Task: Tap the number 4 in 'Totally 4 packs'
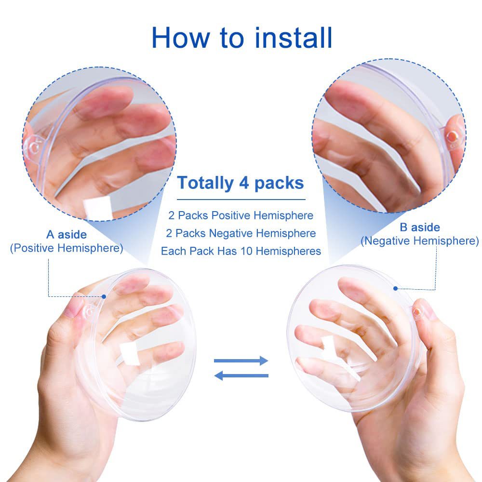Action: (x=244, y=183)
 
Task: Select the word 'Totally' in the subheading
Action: (x=205, y=183)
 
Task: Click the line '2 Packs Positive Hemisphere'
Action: (x=241, y=215)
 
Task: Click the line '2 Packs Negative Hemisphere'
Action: (x=241, y=233)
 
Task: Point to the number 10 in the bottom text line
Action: (x=246, y=251)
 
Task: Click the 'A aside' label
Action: (x=67, y=235)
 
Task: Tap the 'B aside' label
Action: (x=420, y=228)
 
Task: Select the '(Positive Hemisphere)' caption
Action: (x=67, y=248)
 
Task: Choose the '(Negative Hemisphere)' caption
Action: (x=420, y=241)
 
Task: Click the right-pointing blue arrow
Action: (x=241, y=361)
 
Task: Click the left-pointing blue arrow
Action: (x=241, y=375)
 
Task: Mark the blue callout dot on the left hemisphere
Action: (x=104, y=296)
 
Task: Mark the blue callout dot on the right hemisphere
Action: (x=396, y=288)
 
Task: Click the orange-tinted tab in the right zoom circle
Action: (x=453, y=137)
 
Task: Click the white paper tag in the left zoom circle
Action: (x=98, y=208)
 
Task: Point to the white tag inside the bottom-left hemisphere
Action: (x=129, y=353)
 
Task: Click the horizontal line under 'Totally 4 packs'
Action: (x=241, y=200)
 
